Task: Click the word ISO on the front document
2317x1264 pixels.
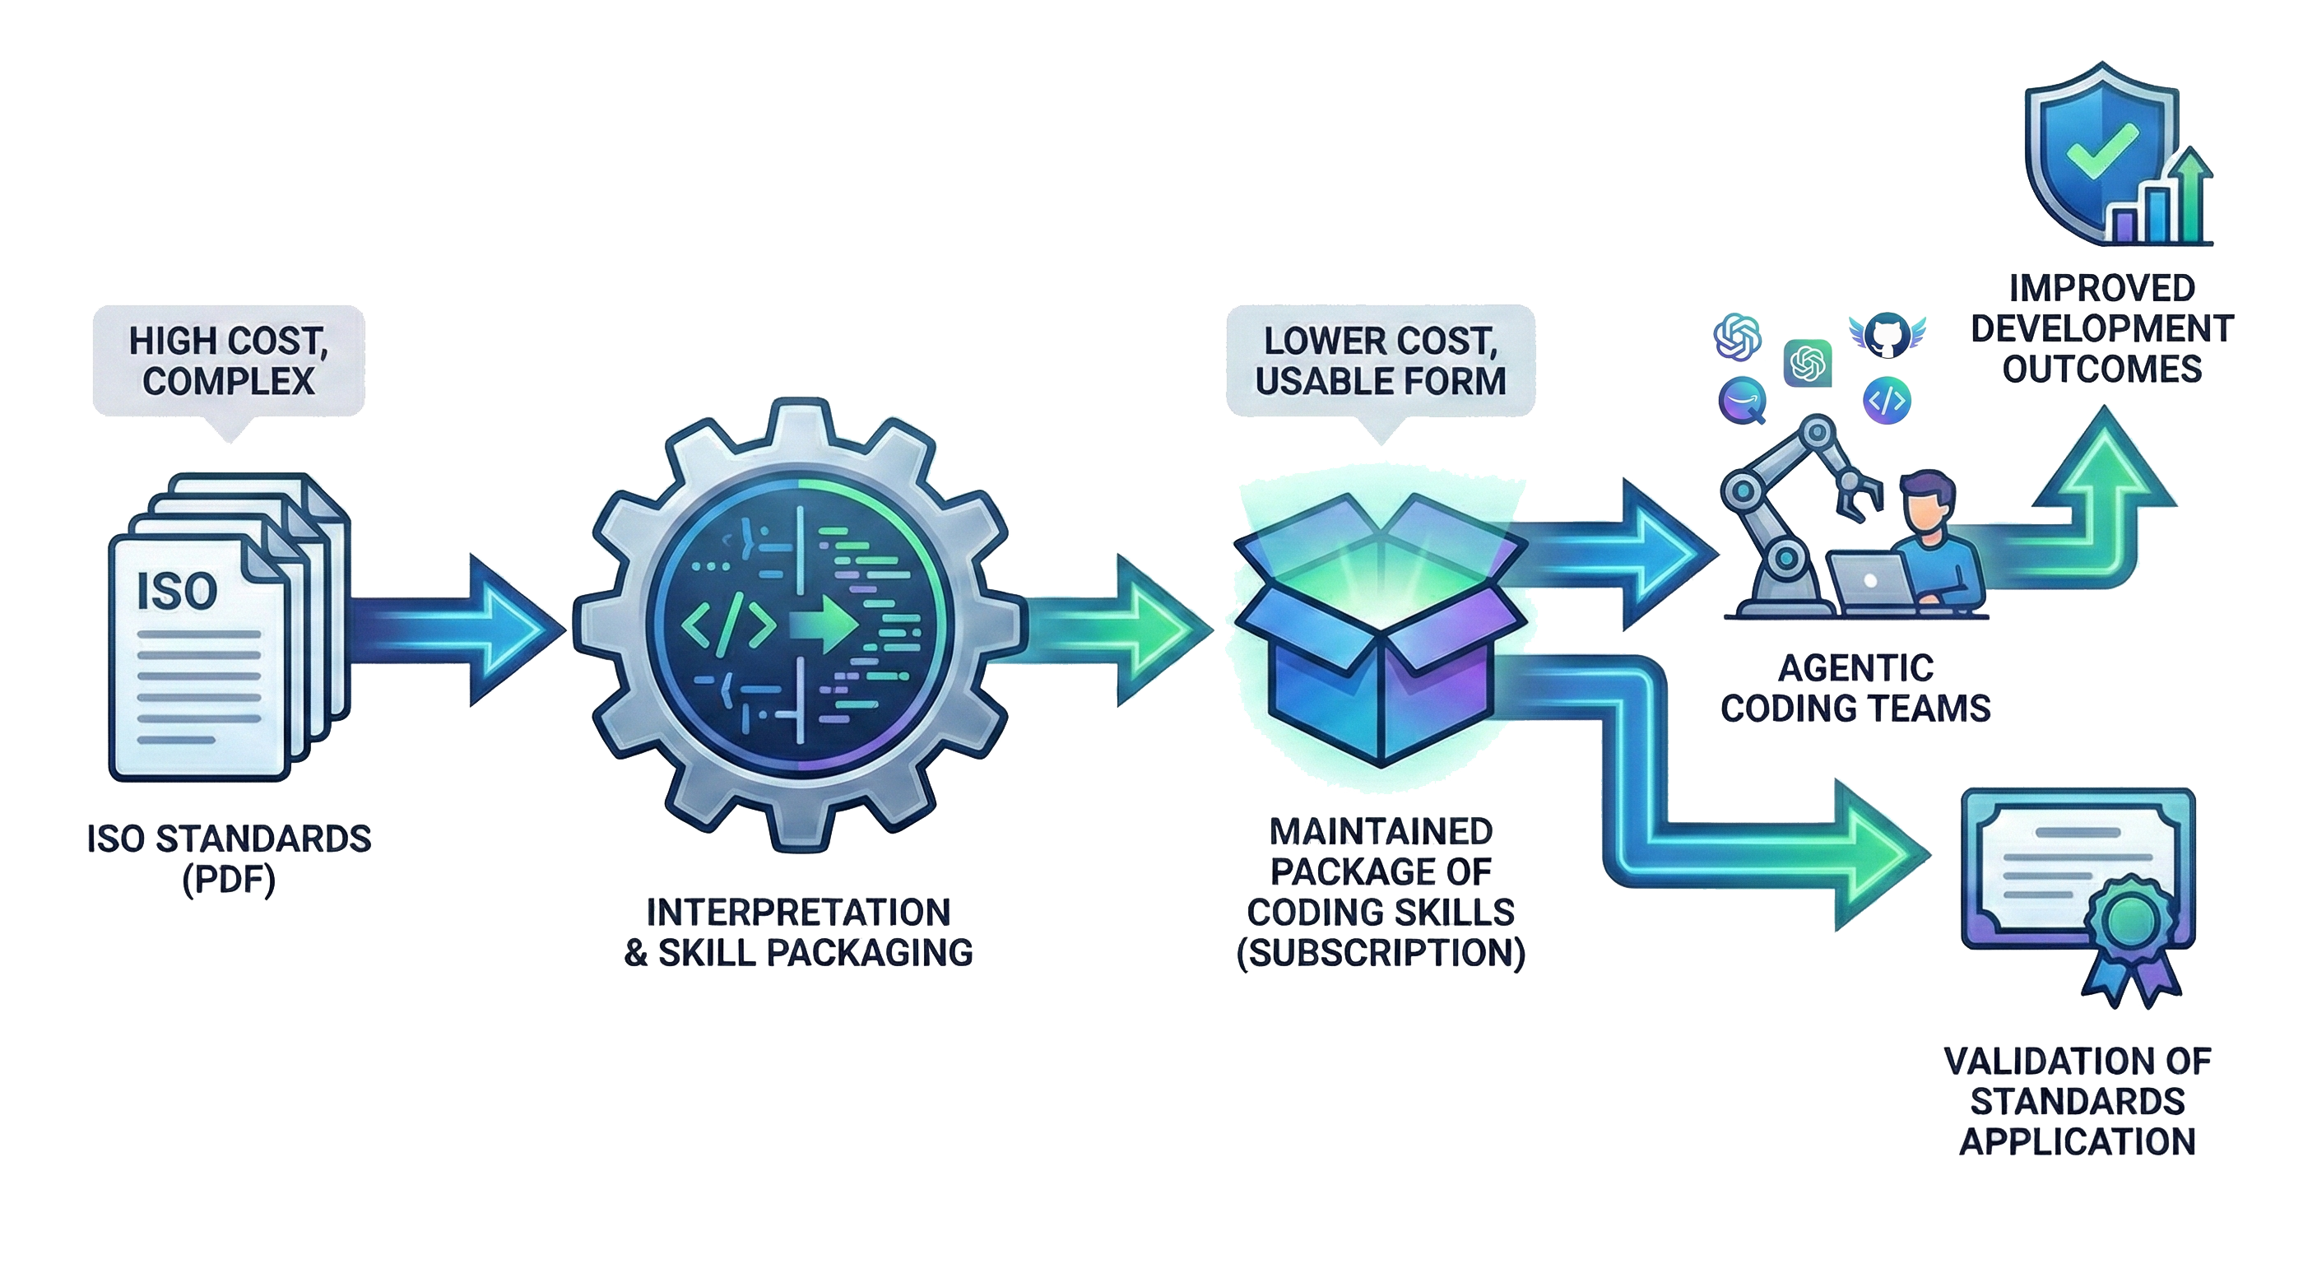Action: point(176,591)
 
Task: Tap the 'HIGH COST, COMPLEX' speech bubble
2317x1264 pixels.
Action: point(229,360)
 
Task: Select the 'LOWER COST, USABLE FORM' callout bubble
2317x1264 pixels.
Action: point(1380,360)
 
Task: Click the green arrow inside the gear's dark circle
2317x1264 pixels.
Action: point(822,624)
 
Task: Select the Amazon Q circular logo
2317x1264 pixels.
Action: point(1742,400)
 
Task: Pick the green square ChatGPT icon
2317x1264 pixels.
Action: point(1807,364)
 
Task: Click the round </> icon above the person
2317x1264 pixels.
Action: point(1886,400)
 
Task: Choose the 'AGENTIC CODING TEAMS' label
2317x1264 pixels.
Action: point(1855,688)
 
